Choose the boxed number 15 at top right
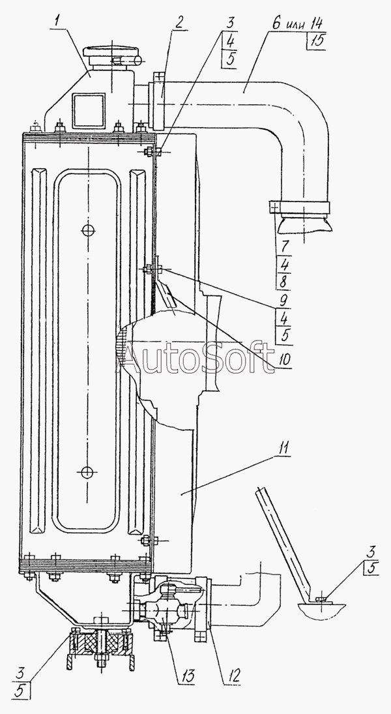point(315,42)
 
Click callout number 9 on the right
point(283,301)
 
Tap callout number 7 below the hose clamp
point(283,247)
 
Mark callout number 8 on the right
point(283,282)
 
